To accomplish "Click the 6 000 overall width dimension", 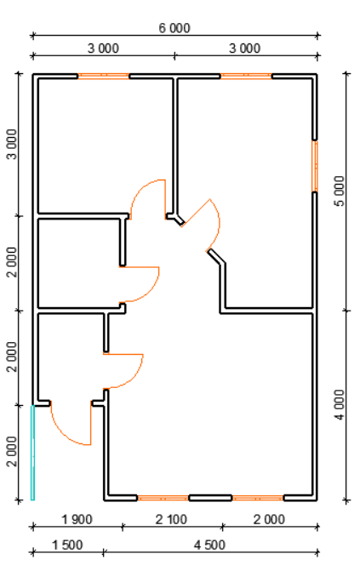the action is tap(174, 28).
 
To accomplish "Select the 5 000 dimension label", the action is tap(340, 191).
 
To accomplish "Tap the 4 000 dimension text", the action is tap(340, 405).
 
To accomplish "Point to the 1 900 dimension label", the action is tap(77, 519).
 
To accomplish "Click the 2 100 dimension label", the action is tap(171, 519).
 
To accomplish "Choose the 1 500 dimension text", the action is tap(67, 545).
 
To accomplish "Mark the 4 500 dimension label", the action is tap(209, 545).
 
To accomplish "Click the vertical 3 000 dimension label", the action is tap(12, 144).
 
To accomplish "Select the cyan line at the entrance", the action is tap(32, 453).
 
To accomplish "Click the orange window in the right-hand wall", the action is tap(314, 166).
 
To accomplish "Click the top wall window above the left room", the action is tap(104, 76).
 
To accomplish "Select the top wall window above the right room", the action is tap(246, 76).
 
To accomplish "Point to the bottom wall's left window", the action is tap(163, 498).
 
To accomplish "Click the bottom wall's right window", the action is tap(258, 498).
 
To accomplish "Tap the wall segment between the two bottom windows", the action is tap(210, 498).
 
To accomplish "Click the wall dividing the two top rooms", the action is tap(175, 146).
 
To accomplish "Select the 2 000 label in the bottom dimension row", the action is tap(269, 519).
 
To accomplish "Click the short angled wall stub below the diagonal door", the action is tap(216, 256).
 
